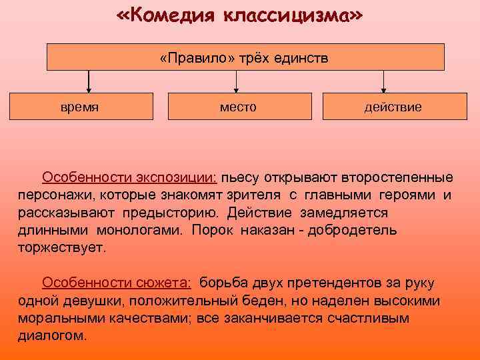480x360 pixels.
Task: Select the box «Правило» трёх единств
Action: tap(245, 57)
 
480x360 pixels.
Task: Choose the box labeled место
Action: tap(239, 107)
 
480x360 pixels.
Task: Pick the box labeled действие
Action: tap(393, 107)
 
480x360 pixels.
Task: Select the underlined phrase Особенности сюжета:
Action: tap(117, 283)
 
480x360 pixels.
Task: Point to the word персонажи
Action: tap(55, 195)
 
